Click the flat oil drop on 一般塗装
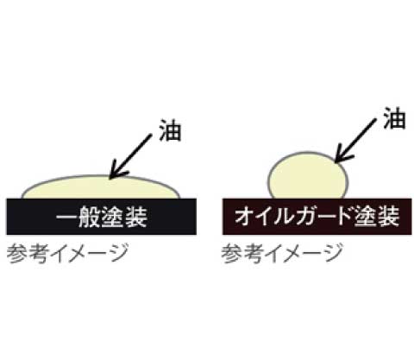pyautogui.click(x=101, y=187)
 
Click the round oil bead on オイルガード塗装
pyautogui.click(x=308, y=176)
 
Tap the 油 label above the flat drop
pyautogui.click(x=170, y=130)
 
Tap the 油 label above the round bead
pyautogui.click(x=394, y=117)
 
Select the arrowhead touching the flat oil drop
pyautogui.click(x=118, y=172)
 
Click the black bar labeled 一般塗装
pyautogui.click(x=102, y=217)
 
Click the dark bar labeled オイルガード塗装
pyautogui.click(x=317, y=217)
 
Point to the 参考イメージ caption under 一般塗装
pyautogui.click(x=67, y=253)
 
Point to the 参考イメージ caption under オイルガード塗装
pyautogui.click(x=282, y=253)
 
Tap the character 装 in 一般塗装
pyautogui.click(x=136, y=217)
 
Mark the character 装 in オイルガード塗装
pyautogui.click(x=389, y=217)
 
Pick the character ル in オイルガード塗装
pyautogui.click(x=286, y=217)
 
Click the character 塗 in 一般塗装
pyautogui.click(x=113, y=217)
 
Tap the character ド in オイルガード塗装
pyautogui.click(x=346, y=216)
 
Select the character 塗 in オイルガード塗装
pyautogui.click(x=366, y=217)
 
